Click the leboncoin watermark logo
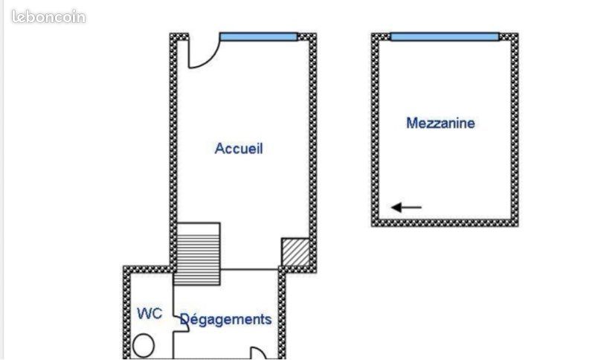pos(48,16)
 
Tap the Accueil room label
pos(239,148)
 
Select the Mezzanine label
pos(440,123)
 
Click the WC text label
pos(149,313)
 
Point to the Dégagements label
pos(226,319)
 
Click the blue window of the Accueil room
pos(258,36)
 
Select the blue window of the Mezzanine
pos(445,36)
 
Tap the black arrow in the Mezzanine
pos(406,208)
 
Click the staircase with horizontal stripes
pos(197,254)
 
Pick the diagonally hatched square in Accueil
pos(295,252)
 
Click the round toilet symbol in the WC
pos(144,346)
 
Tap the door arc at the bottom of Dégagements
pos(259,352)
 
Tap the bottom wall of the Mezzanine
pos(445,223)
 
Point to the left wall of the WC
pos(126,312)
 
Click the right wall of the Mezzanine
pos(515,130)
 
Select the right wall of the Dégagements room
pos(282,312)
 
